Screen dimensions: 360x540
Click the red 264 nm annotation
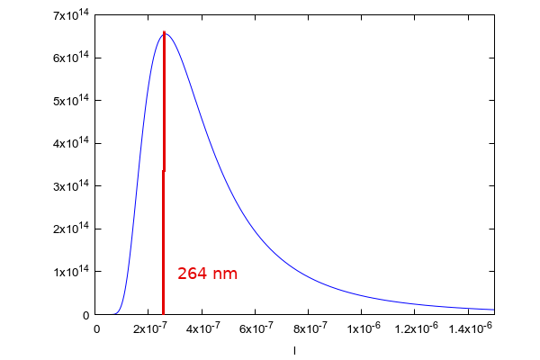[207, 273]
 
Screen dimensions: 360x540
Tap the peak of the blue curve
[165, 33]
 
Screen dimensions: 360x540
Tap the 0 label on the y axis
[85, 315]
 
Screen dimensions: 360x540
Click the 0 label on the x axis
[97, 329]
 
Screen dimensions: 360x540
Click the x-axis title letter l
[295, 350]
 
